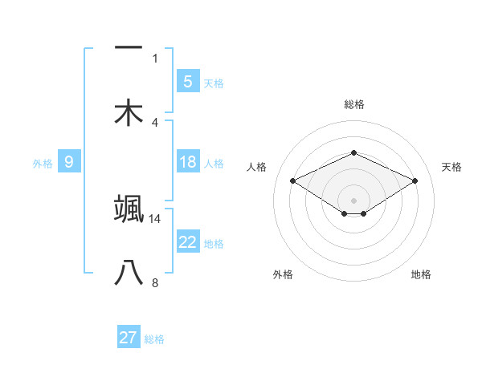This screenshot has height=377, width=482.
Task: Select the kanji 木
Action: click(x=129, y=113)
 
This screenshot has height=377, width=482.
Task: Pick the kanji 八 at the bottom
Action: click(x=129, y=274)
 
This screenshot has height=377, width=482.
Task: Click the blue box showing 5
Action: click(x=187, y=81)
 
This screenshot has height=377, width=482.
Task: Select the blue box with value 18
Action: click(x=187, y=162)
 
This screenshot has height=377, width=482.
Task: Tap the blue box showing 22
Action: click(x=187, y=242)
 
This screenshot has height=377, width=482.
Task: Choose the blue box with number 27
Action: click(x=129, y=338)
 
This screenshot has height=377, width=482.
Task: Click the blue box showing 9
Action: click(x=69, y=162)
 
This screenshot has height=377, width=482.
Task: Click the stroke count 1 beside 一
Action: click(x=155, y=59)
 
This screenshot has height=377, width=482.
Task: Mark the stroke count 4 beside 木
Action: click(x=155, y=123)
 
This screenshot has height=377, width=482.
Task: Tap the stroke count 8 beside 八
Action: click(x=155, y=283)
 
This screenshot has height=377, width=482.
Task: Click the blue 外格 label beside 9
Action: click(x=43, y=163)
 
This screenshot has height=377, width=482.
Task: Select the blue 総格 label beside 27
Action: click(x=154, y=339)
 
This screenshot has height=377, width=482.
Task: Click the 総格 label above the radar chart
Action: click(x=353, y=104)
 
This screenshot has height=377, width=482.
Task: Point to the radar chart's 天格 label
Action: click(x=451, y=167)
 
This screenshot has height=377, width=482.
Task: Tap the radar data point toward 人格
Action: click(x=292, y=180)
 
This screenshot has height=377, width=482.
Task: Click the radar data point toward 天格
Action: click(x=415, y=180)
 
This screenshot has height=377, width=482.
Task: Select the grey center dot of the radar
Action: click(x=353, y=200)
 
